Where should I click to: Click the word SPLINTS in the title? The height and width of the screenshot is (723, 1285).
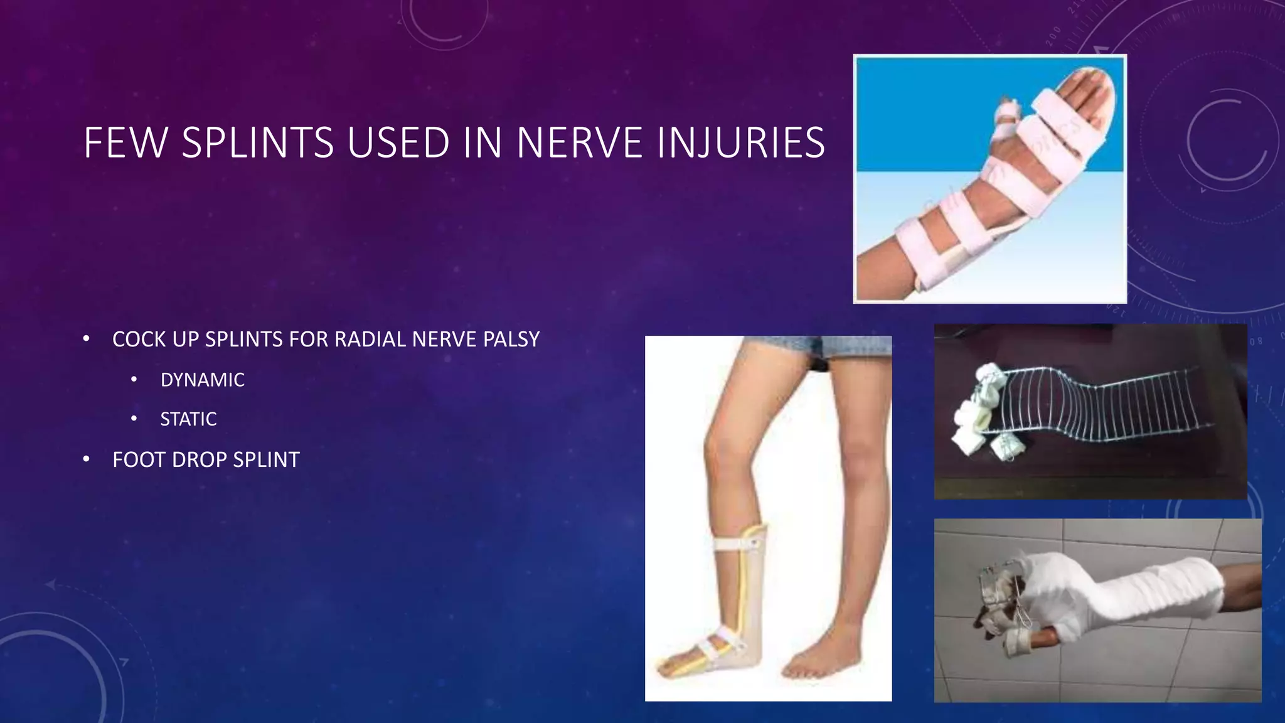coord(257,142)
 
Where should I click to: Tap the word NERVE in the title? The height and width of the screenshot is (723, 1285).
coord(579,142)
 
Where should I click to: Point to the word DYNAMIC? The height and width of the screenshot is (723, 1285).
coord(202,380)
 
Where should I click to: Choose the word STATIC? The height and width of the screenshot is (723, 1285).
coord(188,419)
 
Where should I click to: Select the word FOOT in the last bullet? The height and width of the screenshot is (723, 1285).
coord(139,460)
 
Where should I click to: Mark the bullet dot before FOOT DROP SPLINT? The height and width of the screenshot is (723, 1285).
coord(87,459)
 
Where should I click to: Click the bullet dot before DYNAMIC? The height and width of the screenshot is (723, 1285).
coord(134,380)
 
